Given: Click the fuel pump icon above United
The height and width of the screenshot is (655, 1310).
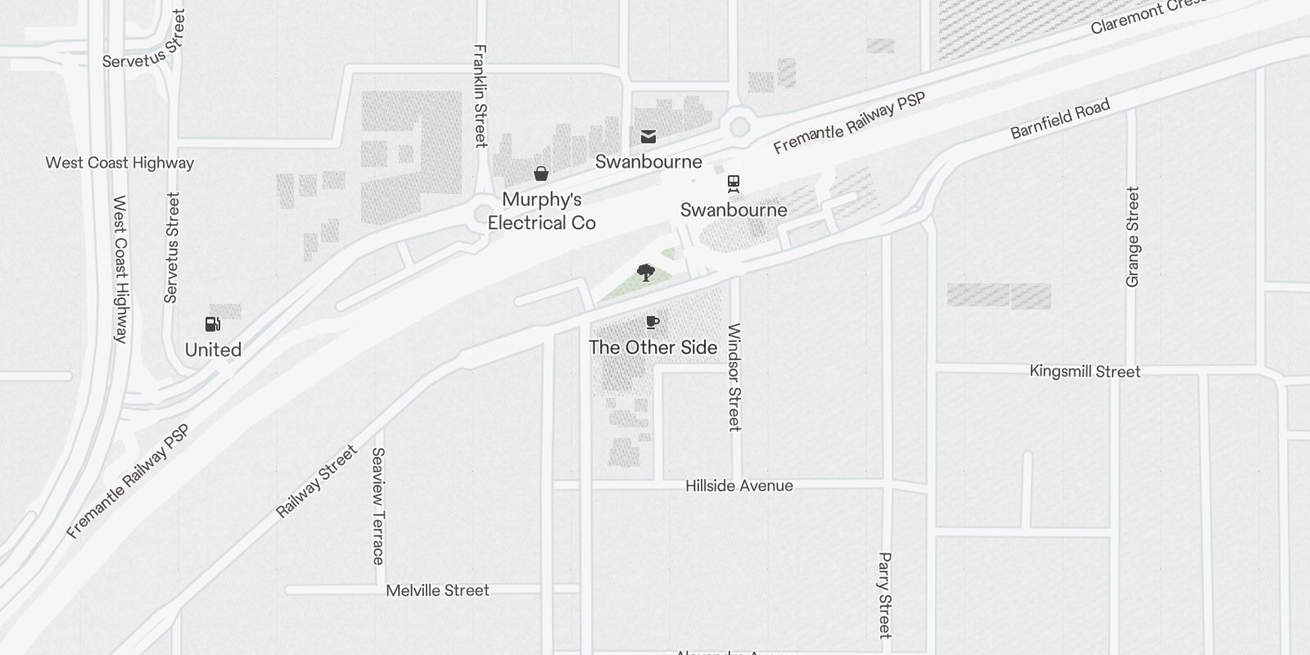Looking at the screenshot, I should (x=213, y=324).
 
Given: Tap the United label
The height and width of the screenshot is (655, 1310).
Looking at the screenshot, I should (x=213, y=350).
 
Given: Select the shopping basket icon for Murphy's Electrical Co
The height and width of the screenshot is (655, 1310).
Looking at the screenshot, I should (x=541, y=174).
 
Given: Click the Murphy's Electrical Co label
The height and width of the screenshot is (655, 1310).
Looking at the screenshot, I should (x=541, y=211).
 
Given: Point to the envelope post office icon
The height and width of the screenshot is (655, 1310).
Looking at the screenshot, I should (x=648, y=137).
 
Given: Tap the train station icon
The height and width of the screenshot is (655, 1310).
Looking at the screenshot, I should (x=734, y=183).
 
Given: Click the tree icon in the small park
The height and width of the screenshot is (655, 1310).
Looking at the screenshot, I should (x=646, y=272).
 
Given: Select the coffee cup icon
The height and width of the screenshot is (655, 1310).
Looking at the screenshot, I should (x=653, y=322).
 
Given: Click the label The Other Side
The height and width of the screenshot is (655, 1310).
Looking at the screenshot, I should (x=653, y=347).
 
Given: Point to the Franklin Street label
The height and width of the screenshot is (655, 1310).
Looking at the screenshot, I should (x=481, y=96).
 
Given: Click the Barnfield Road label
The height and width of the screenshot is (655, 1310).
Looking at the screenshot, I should (x=1060, y=119).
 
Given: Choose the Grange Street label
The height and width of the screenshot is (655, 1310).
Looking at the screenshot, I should (x=1133, y=237).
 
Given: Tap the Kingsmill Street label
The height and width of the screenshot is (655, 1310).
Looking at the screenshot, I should (x=1085, y=372).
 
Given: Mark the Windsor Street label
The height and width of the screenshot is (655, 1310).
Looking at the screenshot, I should (x=734, y=377).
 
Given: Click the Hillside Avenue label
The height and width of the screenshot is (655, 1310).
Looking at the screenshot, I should (x=739, y=486).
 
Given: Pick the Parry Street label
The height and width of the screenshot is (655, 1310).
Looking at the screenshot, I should (x=884, y=595).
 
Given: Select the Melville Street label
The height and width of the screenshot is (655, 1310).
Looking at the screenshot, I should (x=437, y=590).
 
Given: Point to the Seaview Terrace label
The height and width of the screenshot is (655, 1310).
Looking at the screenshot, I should (x=377, y=506).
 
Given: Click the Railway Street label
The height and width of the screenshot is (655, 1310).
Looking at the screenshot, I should (x=317, y=481).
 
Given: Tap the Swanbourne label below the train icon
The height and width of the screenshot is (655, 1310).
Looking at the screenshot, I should (x=734, y=210).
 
